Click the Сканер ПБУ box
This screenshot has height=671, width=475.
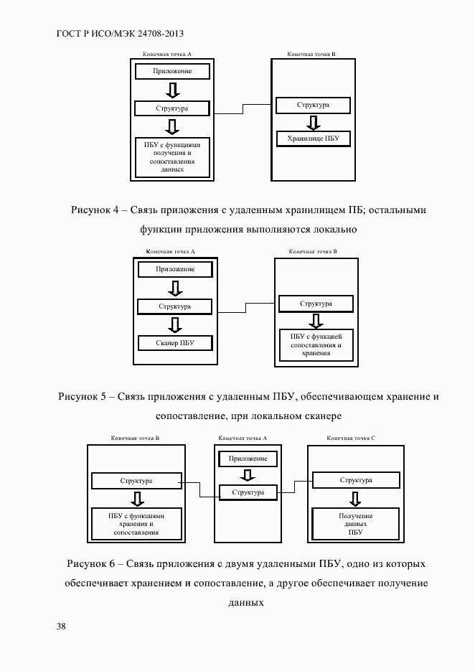[x=175, y=343]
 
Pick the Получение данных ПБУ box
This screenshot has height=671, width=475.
[x=355, y=525]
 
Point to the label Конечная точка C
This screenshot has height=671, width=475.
[x=351, y=437]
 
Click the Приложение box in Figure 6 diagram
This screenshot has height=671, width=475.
[x=248, y=458]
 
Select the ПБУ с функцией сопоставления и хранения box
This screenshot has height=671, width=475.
[x=316, y=344]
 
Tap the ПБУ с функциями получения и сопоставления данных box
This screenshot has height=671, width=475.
[x=171, y=156]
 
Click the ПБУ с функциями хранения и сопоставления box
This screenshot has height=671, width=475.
[x=136, y=525]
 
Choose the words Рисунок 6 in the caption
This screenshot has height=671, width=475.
[x=90, y=563]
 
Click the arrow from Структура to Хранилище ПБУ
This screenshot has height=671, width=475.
[x=313, y=121]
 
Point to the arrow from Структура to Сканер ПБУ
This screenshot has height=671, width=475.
[x=175, y=324]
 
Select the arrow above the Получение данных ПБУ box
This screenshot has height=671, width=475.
[x=355, y=498]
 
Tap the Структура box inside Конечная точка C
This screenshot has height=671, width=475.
[x=355, y=480]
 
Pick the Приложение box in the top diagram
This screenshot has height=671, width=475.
[x=172, y=72]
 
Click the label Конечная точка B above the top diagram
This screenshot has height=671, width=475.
[x=311, y=54]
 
